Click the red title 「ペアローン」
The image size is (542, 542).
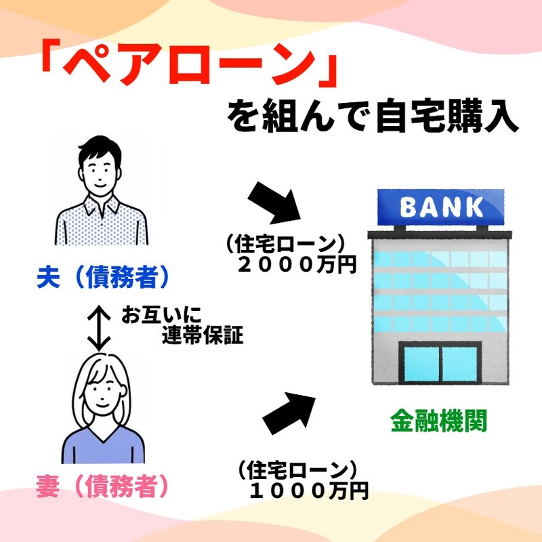(189, 63)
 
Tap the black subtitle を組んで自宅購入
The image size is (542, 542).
(373, 116)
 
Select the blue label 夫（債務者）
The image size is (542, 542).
(103, 277)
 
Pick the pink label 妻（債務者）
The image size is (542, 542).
(102, 486)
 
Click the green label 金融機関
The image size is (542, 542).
(438, 421)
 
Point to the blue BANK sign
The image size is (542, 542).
(441, 207)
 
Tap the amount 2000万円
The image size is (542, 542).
(297, 266)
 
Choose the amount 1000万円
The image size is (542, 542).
(308, 491)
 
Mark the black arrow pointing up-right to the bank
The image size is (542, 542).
(289, 413)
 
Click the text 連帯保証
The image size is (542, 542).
(203, 335)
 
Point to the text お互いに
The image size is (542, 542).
(161, 314)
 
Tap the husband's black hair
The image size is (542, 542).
(100, 149)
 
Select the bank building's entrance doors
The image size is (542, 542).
(440, 363)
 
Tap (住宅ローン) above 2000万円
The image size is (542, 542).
(285, 245)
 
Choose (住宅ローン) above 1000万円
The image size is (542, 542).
(297, 470)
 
